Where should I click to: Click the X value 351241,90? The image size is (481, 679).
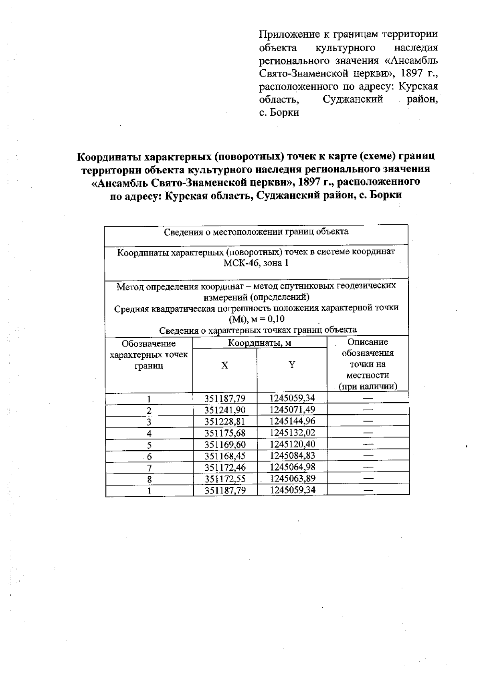224,410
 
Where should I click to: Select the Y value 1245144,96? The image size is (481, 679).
292,421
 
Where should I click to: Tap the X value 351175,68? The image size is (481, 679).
224,433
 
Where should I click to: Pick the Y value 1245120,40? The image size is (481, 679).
292,444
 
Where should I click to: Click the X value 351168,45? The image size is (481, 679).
224,456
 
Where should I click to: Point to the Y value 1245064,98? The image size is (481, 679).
292,467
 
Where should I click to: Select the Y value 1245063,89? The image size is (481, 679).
292,479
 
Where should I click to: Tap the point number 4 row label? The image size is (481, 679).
149,433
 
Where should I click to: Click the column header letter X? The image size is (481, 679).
225,365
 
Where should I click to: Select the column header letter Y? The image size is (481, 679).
292,365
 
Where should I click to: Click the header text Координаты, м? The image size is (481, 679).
259,343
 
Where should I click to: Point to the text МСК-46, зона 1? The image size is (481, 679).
256,263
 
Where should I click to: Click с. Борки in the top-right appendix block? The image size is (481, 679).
279,113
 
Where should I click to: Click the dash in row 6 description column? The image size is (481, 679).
368,456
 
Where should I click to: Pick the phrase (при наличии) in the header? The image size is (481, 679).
368,387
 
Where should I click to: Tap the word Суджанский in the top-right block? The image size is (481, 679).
353,99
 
